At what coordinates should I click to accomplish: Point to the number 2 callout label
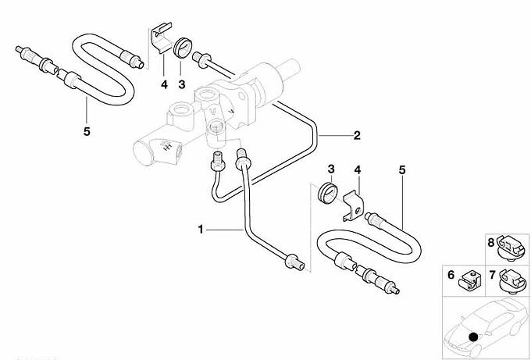point(356,135)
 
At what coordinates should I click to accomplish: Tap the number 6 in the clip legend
point(451,275)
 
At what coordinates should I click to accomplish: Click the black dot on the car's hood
point(472,337)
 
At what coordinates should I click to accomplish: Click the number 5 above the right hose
point(402,169)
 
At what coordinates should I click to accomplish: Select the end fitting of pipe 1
point(294,262)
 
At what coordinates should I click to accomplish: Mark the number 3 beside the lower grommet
point(331,169)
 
